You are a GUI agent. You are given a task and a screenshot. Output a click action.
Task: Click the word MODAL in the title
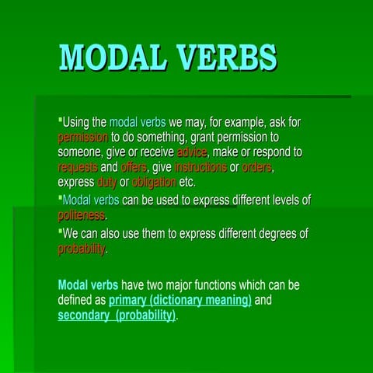pos(112,58)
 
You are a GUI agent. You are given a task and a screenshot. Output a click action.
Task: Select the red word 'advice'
pos(192,152)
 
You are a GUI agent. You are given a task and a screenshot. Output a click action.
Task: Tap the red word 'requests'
pos(78,168)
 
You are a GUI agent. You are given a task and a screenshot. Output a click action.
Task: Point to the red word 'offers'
pos(134,167)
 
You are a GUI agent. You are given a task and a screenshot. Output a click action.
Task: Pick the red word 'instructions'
pos(200,167)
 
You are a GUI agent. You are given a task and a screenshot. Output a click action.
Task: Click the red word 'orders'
pos(256,167)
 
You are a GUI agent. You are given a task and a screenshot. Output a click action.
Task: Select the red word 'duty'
pos(107,183)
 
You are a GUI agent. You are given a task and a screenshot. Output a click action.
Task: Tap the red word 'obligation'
pos(154,183)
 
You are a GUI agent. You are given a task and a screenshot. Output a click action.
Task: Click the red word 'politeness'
pos(82,215)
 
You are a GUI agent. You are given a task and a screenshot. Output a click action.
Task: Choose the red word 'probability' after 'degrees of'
pos(82,249)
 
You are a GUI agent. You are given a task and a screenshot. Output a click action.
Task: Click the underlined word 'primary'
pos(127,301)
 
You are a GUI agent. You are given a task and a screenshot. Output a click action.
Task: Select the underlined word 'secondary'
pos(84,315)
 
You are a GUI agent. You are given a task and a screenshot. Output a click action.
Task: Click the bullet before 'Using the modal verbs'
pos(61,120)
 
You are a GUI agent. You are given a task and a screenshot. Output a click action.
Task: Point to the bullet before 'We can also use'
pos(61,231)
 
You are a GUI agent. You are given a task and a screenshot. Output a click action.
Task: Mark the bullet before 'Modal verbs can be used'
pos(61,197)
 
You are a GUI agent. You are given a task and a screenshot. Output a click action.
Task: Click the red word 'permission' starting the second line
pos(82,138)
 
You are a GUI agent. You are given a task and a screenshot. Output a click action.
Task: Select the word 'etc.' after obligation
pos(187,182)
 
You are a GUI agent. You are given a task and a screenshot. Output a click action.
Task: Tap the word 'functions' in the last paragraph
pos(215,285)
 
